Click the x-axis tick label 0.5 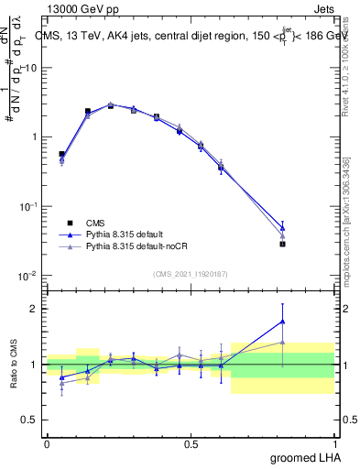[191, 444]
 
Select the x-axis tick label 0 [47, 444]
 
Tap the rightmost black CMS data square [283, 244]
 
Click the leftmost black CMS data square [61, 154]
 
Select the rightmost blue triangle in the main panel [283, 227]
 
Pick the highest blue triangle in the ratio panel [283, 321]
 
